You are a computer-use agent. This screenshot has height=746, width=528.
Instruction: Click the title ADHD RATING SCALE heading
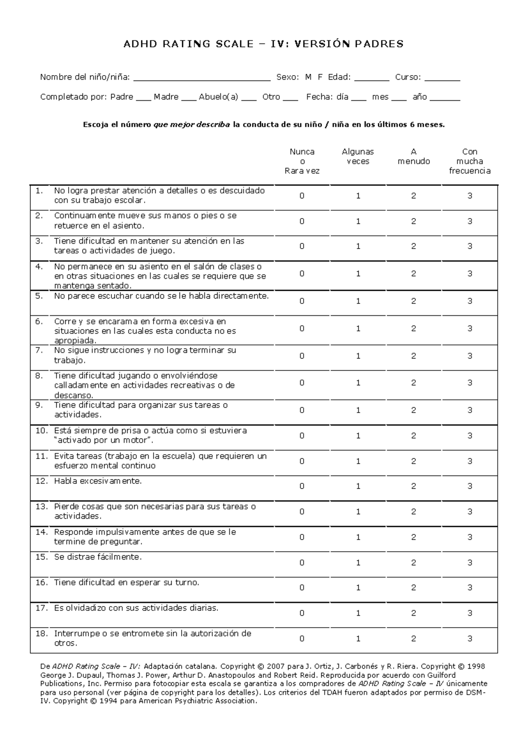263,44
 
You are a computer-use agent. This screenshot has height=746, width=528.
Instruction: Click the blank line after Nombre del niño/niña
202,79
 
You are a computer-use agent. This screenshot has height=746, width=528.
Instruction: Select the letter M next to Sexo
308,77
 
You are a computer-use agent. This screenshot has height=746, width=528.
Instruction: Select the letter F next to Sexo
320,77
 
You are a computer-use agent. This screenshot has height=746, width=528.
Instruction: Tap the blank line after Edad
371,79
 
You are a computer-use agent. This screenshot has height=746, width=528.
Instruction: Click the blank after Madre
188,99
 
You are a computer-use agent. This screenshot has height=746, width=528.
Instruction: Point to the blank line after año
444,99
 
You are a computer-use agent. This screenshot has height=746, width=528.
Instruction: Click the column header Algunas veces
358,157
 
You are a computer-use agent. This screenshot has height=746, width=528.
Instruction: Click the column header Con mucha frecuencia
469,161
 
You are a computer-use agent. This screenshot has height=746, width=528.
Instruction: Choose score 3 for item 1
469,196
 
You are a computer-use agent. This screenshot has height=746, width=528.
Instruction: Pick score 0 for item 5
302,301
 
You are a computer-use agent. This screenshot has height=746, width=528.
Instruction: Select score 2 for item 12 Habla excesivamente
414,486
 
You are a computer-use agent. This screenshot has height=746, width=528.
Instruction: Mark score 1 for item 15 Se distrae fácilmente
358,563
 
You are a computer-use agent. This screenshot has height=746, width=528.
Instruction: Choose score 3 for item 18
469,639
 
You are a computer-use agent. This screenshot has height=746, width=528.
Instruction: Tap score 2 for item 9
414,410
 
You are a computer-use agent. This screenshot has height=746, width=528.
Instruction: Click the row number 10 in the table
41,431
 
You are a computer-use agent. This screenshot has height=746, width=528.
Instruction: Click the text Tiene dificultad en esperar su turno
126,583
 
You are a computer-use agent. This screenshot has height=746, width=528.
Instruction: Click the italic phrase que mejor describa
191,124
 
